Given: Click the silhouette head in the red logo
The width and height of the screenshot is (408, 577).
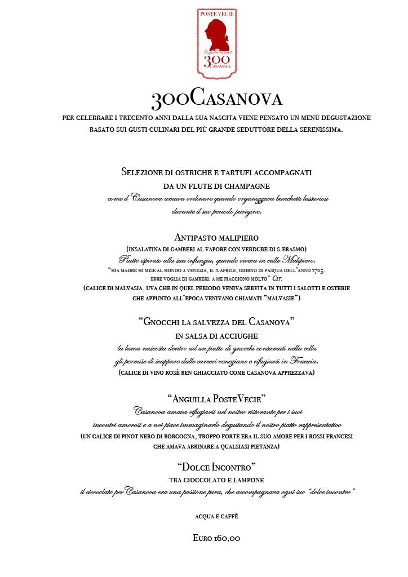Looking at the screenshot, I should pos(216,33).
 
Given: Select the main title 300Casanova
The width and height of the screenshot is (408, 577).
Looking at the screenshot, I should pos(216,99).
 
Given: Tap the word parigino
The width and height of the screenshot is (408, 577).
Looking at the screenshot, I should pos(246,212).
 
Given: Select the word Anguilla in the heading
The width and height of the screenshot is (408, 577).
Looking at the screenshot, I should pos(189,399).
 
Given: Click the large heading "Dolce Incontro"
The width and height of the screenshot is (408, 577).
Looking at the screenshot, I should pos(216,467).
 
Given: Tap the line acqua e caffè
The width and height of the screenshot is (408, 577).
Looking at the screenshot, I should pos(216,516).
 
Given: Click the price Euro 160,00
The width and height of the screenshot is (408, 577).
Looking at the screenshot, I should pos(216,538).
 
